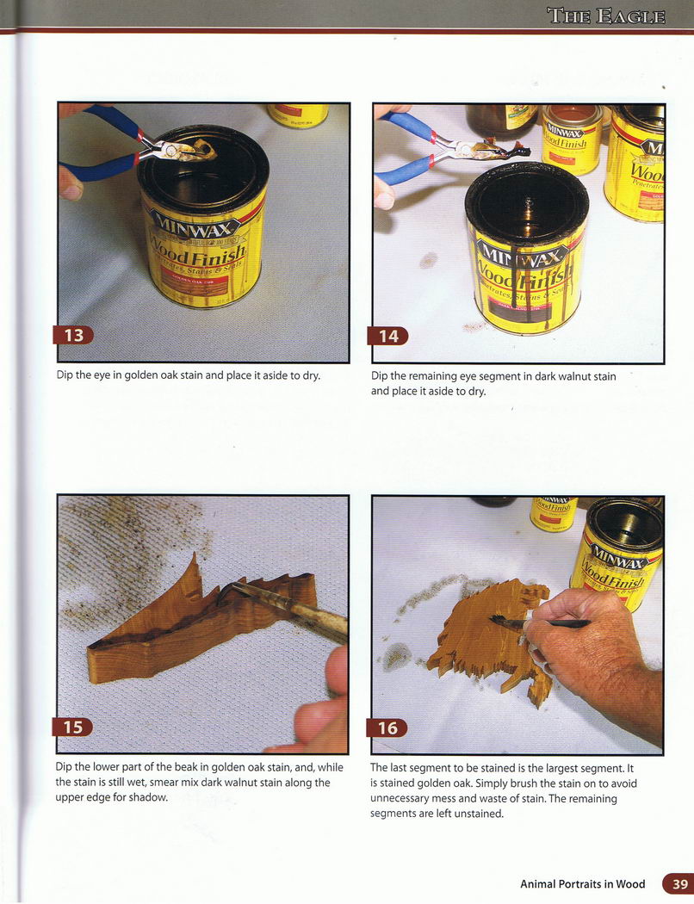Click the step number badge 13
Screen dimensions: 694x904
(73, 335)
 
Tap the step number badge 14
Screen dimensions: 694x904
(388, 336)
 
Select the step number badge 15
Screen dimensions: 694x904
(72, 728)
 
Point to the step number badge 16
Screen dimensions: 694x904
(387, 728)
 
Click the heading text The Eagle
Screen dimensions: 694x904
(606, 15)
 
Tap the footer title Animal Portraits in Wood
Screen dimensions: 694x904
(583, 884)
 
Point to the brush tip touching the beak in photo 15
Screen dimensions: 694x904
(226, 590)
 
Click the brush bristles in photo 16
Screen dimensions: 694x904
(501, 621)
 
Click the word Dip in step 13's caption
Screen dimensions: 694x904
(65, 375)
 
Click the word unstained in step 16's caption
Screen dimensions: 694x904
(478, 814)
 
